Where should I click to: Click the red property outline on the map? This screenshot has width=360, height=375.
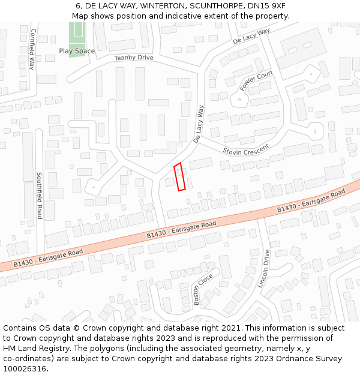179,177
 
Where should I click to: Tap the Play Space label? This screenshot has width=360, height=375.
77,51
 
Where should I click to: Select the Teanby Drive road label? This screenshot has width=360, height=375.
134,58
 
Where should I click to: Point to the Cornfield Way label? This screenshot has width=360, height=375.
32,49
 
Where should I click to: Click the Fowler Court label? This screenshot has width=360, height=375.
256,81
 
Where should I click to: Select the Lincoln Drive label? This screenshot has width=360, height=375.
263,268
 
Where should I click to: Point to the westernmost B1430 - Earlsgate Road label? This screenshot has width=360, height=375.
48,257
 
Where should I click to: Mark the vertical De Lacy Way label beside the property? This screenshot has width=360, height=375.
199,124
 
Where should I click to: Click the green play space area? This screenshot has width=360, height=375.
76,34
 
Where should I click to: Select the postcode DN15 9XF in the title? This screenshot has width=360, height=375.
268,5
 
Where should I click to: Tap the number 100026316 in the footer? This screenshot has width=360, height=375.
25,368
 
